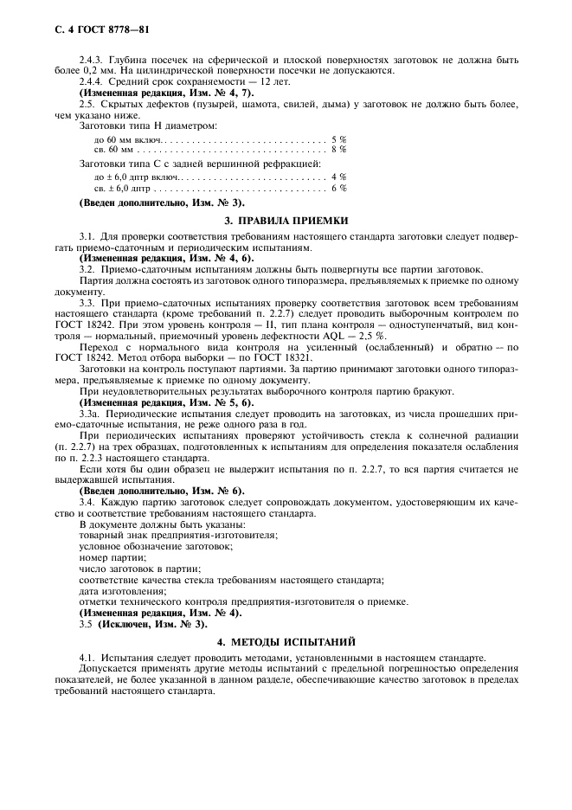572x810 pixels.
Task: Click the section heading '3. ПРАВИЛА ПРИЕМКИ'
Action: [x=286, y=221]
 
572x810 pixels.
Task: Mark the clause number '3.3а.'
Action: [x=91, y=413]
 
